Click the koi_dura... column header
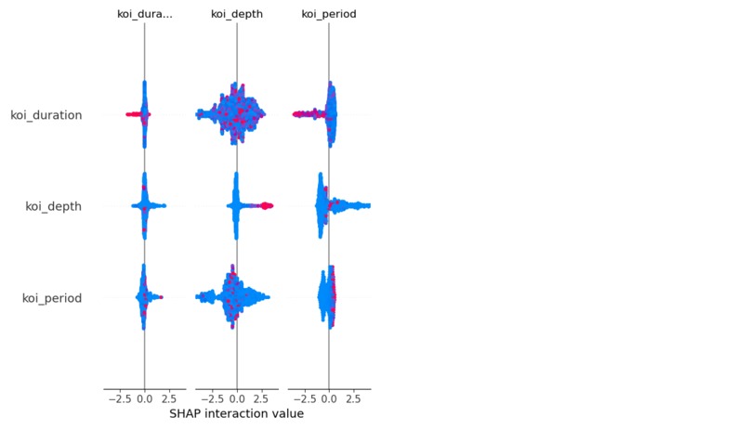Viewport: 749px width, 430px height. pyautogui.click(x=145, y=14)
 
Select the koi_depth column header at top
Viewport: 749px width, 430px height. pyautogui.click(x=237, y=14)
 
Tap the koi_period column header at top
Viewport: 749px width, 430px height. pyautogui.click(x=329, y=14)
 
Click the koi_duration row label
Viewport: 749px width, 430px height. pyautogui.click(x=46, y=115)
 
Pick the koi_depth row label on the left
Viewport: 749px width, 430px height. pyautogui.click(x=54, y=207)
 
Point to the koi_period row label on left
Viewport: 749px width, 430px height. pyautogui.click(x=52, y=298)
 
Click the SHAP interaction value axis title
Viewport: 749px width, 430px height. pyautogui.click(x=236, y=413)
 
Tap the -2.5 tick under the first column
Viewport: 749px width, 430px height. pyautogui.click(x=120, y=399)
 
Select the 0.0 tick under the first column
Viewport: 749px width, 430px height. pyautogui.click(x=145, y=399)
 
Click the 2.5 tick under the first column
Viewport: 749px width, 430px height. pyautogui.click(x=169, y=399)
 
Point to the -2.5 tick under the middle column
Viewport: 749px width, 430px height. pyautogui.click(x=212, y=399)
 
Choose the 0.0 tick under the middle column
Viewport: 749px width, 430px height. pyautogui.click(x=237, y=399)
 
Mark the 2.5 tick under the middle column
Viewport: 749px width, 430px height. pyautogui.click(x=261, y=399)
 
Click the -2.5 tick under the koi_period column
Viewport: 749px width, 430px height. pyautogui.click(x=304, y=399)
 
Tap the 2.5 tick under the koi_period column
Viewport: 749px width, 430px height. pyautogui.click(x=353, y=399)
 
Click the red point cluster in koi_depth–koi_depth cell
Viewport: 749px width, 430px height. pyautogui.click(x=267, y=205)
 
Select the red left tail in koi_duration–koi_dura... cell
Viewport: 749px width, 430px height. pyautogui.click(x=133, y=114)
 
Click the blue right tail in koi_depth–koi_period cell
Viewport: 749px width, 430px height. pyautogui.click(x=352, y=205)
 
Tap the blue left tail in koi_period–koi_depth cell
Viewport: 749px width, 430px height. pyautogui.click(x=207, y=297)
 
